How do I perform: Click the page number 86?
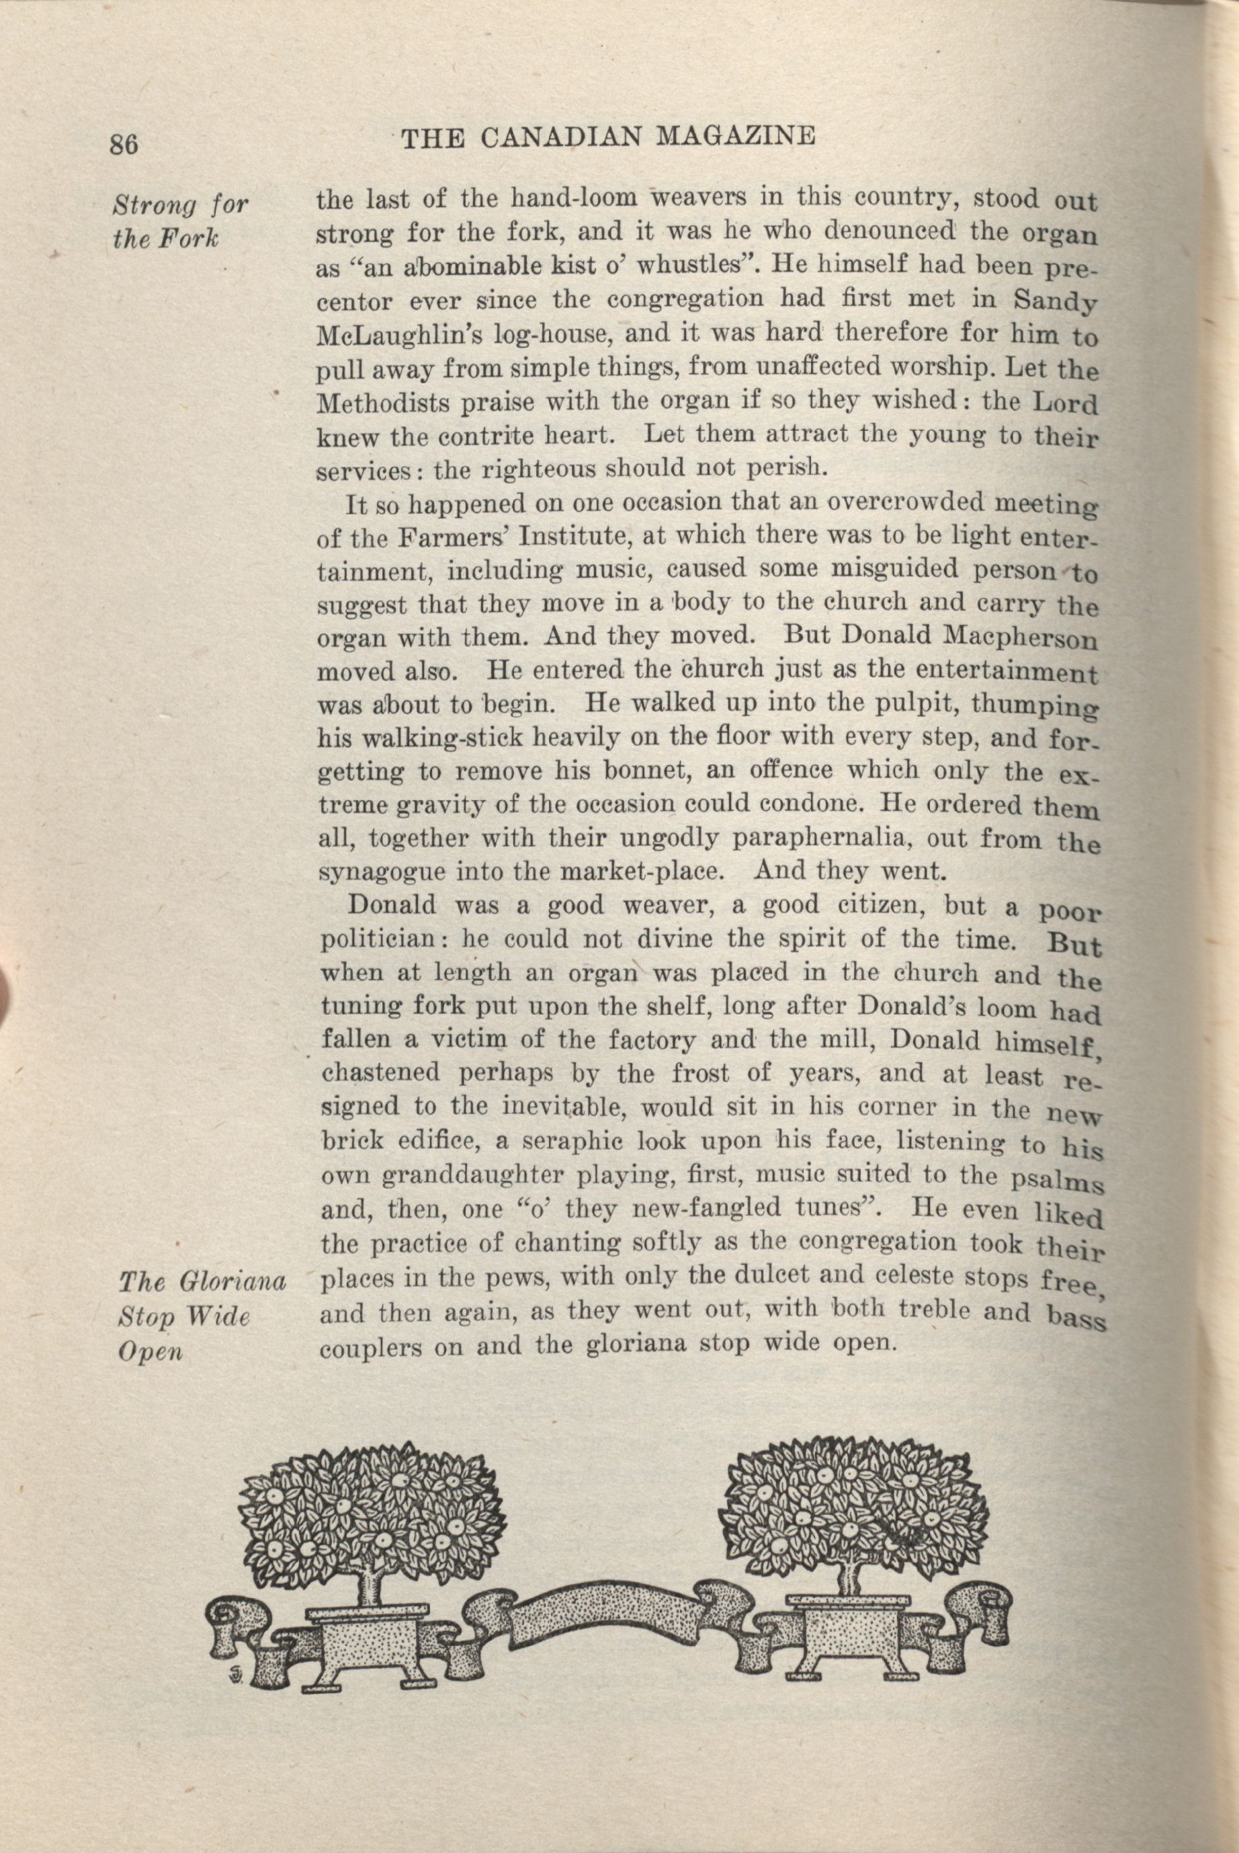tap(124, 144)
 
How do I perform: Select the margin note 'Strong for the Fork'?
tap(179, 221)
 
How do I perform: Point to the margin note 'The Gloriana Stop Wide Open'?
tap(201, 1316)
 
